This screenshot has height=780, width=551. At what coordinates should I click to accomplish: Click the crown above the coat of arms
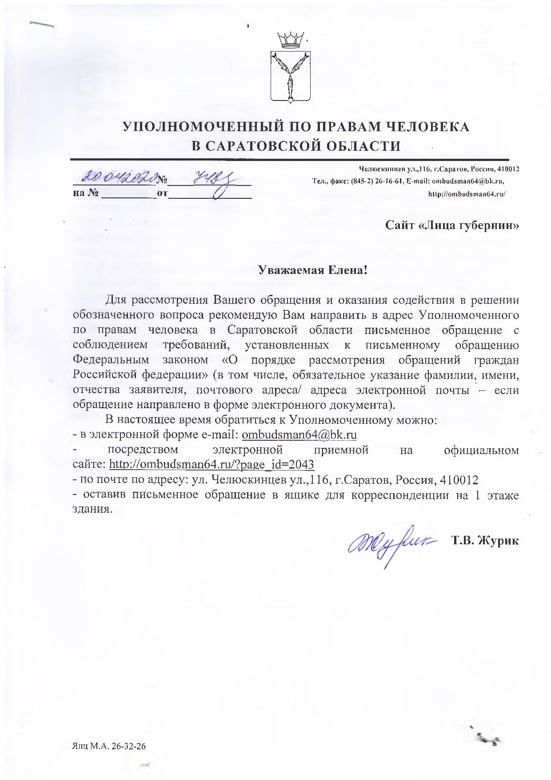pyautogui.click(x=290, y=40)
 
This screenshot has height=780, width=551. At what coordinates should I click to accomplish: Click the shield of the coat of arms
pyautogui.click(x=291, y=76)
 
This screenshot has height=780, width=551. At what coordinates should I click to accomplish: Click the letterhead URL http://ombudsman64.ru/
pyautogui.click(x=467, y=194)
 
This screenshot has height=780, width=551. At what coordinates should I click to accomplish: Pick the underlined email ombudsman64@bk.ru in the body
pyautogui.click(x=299, y=435)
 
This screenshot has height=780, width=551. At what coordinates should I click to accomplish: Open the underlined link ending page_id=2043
pyautogui.click(x=212, y=465)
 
